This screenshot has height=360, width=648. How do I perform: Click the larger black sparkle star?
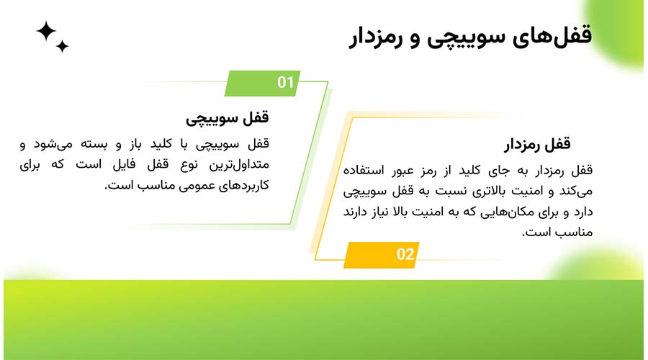point(46,31)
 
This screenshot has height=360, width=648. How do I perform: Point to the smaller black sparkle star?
point(63,47)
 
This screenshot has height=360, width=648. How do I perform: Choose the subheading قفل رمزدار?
point(537,145)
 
